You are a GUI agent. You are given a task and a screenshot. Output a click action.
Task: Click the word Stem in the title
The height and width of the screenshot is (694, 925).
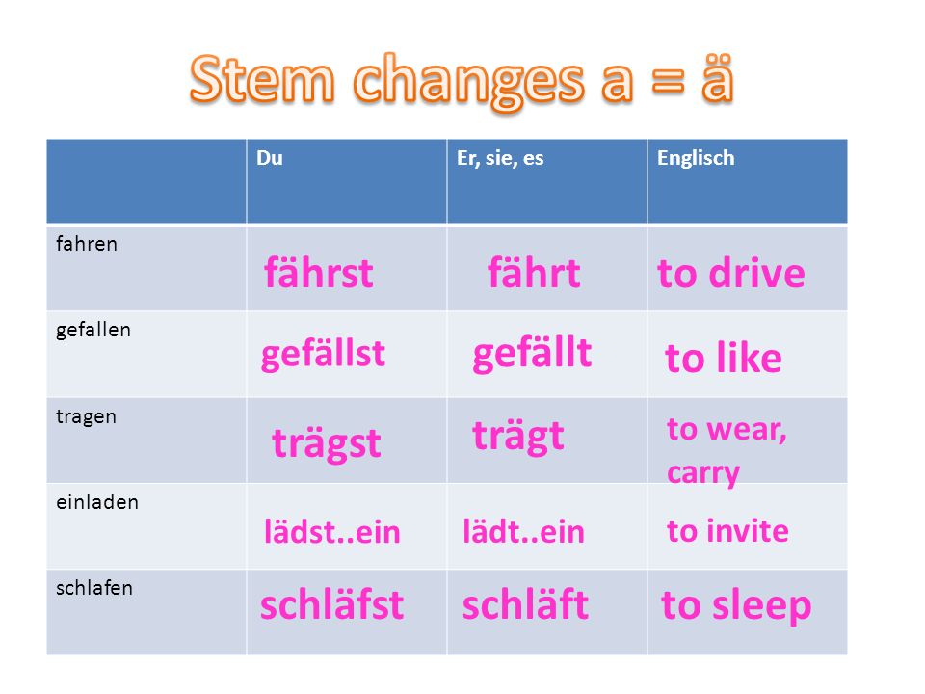(x=262, y=78)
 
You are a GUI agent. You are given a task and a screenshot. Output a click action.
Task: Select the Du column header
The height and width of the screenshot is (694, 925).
(x=270, y=158)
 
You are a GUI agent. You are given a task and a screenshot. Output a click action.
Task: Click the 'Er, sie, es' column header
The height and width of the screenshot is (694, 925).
(x=500, y=158)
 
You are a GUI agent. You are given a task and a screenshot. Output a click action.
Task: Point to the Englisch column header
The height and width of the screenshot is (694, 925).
(x=696, y=158)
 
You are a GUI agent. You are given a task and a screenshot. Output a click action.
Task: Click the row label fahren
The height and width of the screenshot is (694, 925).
(x=87, y=243)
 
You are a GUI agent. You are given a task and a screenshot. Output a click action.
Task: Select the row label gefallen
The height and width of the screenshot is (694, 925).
(x=93, y=331)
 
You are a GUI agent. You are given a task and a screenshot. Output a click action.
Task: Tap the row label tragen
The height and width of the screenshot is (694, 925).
(x=86, y=417)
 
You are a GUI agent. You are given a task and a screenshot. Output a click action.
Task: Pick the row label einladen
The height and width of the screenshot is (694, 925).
(x=97, y=502)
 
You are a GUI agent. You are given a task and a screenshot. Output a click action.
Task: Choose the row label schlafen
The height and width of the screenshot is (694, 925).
(x=94, y=588)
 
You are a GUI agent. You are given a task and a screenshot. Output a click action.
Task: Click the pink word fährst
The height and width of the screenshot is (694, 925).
(x=319, y=272)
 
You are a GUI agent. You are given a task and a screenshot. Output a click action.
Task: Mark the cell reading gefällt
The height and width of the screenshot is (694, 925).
(x=532, y=354)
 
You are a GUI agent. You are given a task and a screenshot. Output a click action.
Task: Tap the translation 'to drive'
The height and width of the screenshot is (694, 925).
(x=731, y=273)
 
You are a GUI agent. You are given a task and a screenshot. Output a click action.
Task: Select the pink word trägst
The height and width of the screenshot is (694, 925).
(x=327, y=443)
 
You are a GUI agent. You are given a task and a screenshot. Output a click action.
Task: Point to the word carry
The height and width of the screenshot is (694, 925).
(x=703, y=472)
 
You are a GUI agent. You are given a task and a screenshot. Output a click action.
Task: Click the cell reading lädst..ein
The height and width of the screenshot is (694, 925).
(x=332, y=531)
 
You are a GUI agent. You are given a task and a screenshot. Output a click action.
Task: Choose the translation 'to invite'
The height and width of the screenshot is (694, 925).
(x=728, y=530)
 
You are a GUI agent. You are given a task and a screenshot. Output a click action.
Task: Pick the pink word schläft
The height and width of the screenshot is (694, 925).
(x=525, y=604)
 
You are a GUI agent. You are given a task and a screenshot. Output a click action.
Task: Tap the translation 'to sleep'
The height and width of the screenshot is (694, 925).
(x=736, y=606)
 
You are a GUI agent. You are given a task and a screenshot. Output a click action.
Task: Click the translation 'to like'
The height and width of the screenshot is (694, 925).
(x=724, y=357)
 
